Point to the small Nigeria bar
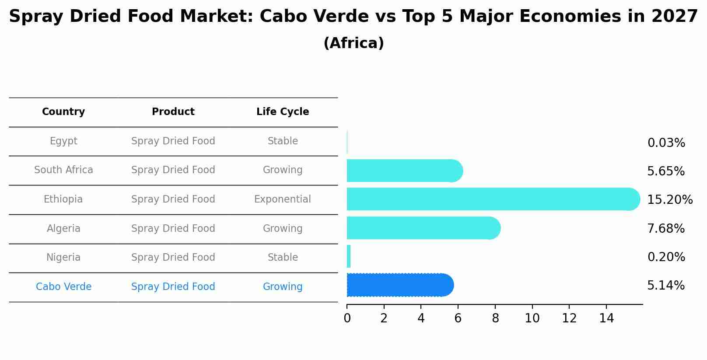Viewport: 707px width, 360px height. [349, 256]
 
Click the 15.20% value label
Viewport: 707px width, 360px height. [669, 200]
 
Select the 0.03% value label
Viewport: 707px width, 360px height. [666, 143]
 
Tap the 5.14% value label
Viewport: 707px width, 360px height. [665, 286]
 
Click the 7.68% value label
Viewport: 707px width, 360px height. [665, 228]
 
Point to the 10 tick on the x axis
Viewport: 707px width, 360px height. [532, 318]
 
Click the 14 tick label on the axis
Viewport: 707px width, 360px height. [606, 318]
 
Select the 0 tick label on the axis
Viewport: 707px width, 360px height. [347, 318]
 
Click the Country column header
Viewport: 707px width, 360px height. [63, 112]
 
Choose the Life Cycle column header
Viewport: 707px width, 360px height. [283, 112]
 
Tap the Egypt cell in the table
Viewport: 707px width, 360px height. [63, 141]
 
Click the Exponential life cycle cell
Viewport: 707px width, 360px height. [283, 199]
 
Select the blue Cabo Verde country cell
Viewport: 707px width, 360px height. [63, 287]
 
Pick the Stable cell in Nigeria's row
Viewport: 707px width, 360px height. [283, 258]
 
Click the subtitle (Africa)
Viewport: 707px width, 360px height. [353, 43]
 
